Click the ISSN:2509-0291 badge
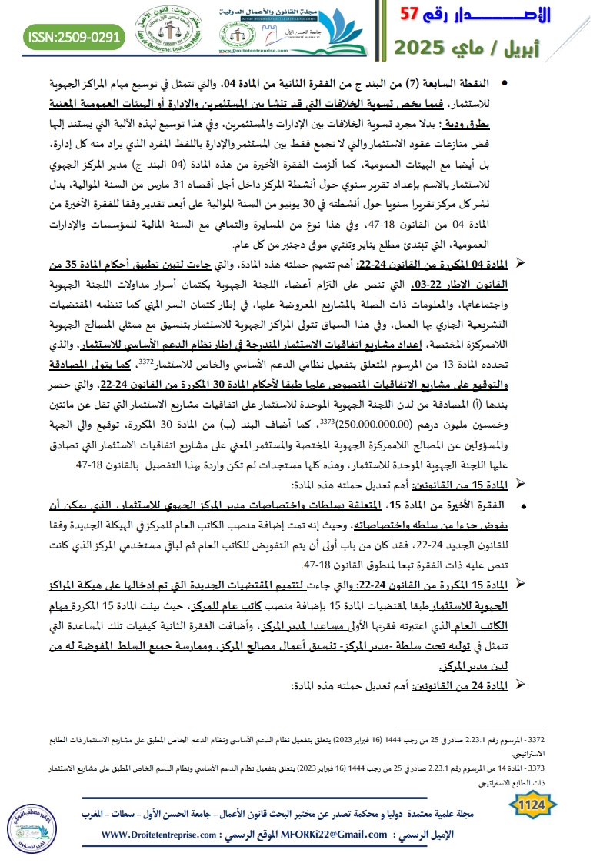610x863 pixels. coord(75,35)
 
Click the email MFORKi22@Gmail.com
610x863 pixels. coord(328,835)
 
